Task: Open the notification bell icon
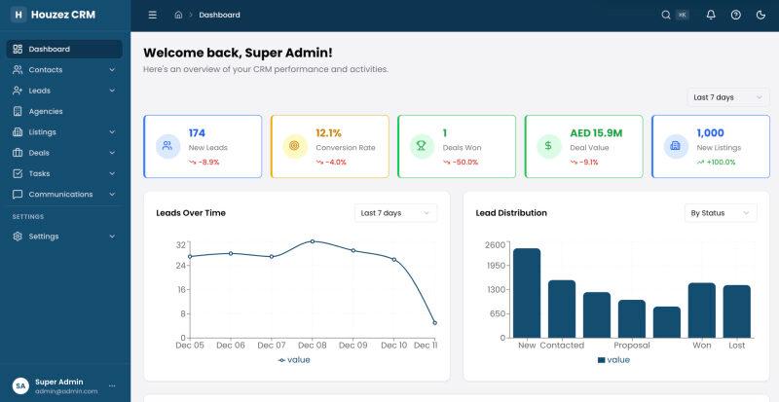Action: coord(711,15)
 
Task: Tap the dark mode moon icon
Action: coord(760,15)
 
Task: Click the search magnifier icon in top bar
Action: coord(666,15)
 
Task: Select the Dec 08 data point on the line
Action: coord(313,241)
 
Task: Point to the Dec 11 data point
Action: coord(434,323)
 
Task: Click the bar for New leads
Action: coord(527,293)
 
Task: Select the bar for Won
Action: coord(701,311)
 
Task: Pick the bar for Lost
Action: coord(737,311)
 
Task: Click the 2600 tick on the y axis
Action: coord(495,244)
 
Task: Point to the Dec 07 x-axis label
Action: coord(272,345)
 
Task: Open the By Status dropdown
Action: coord(721,213)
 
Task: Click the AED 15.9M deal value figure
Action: coord(596,133)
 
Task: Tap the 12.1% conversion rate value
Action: coord(328,133)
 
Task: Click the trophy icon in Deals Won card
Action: coord(422,146)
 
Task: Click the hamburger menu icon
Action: coord(153,15)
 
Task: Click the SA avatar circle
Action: coord(20,385)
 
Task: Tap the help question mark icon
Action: coord(736,15)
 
